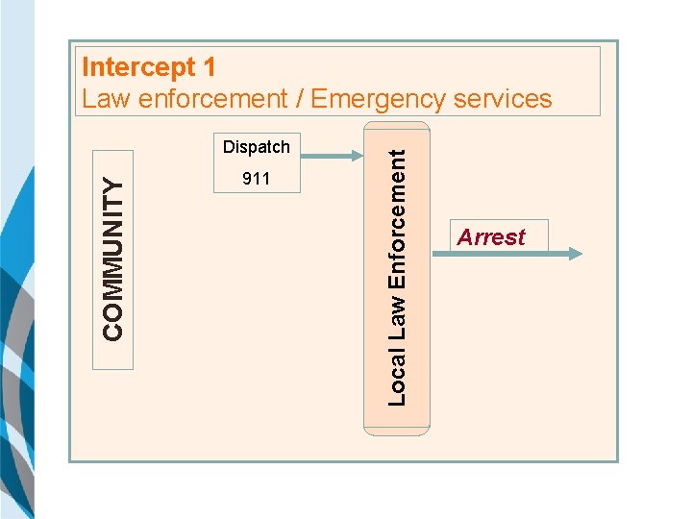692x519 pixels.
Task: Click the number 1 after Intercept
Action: [209, 68]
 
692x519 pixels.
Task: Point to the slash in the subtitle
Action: [299, 99]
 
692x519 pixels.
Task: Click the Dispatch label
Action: [256, 147]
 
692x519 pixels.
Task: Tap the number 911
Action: [256, 179]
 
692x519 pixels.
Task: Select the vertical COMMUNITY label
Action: [113, 260]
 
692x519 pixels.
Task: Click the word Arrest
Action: [491, 237]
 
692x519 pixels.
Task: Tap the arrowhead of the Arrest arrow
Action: [575, 254]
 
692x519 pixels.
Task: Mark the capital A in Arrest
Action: [465, 237]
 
